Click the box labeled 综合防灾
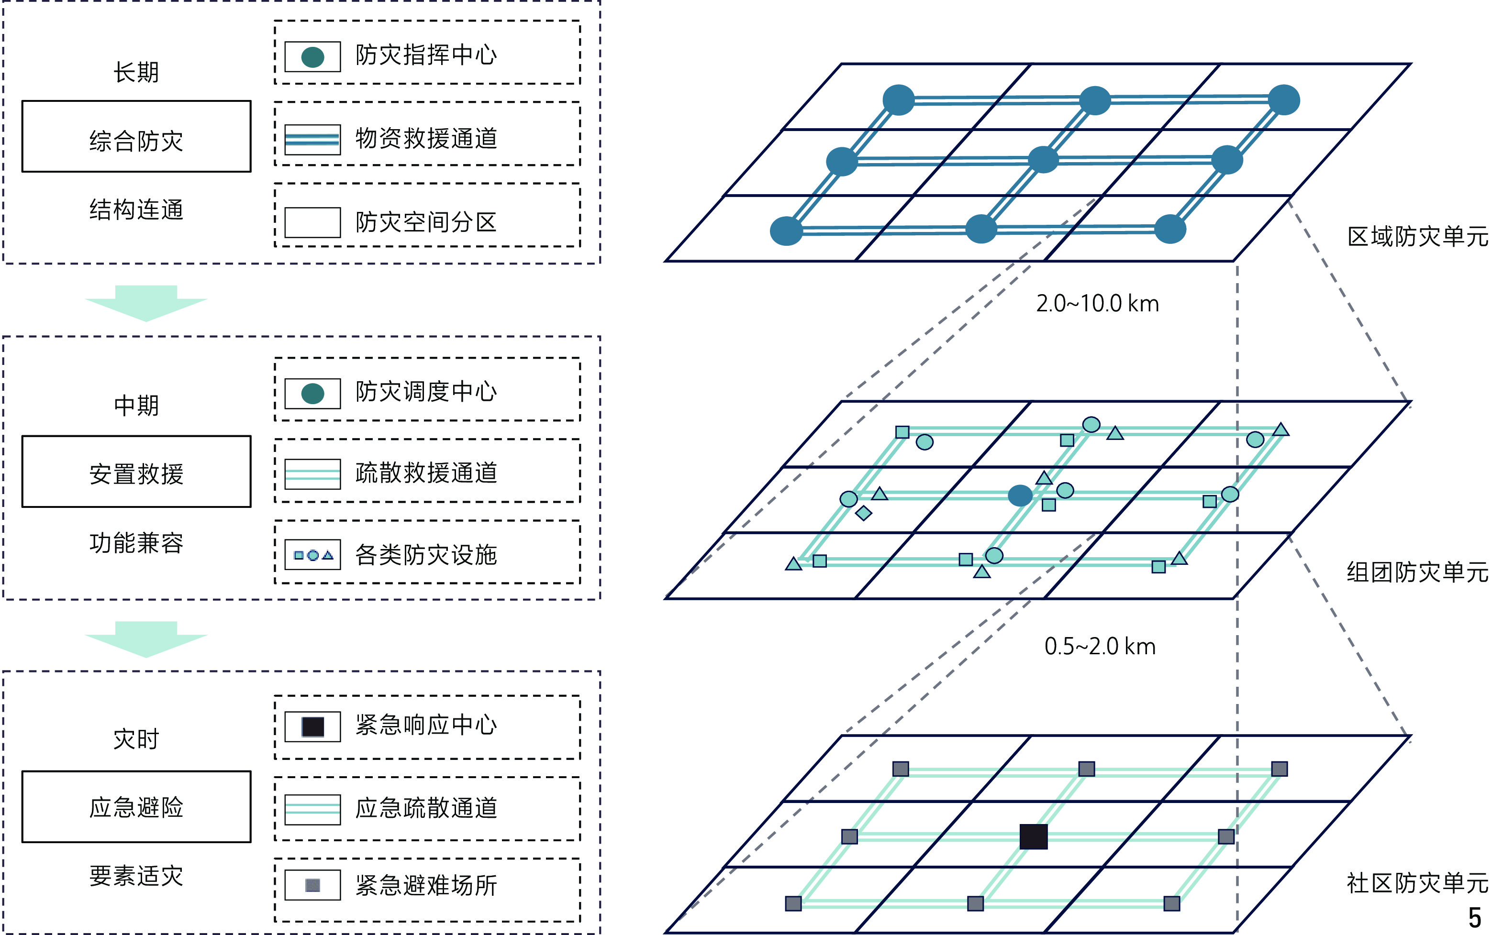[136, 136]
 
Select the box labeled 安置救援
[136, 472]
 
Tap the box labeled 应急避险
[136, 806]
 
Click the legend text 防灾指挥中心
[425, 55]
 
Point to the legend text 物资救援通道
[425, 138]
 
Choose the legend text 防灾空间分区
[425, 222]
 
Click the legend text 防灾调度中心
[425, 391]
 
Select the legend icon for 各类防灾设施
[313, 555]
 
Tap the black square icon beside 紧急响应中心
[313, 726]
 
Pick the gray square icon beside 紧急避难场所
[313, 885]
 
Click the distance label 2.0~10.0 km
[1097, 304]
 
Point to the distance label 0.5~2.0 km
[1100, 646]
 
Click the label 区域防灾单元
[1417, 237]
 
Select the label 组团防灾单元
[1417, 572]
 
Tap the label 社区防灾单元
[1417, 883]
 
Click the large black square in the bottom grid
[1033, 836]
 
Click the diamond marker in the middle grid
[864, 513]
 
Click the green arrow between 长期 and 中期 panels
[146, 303]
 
